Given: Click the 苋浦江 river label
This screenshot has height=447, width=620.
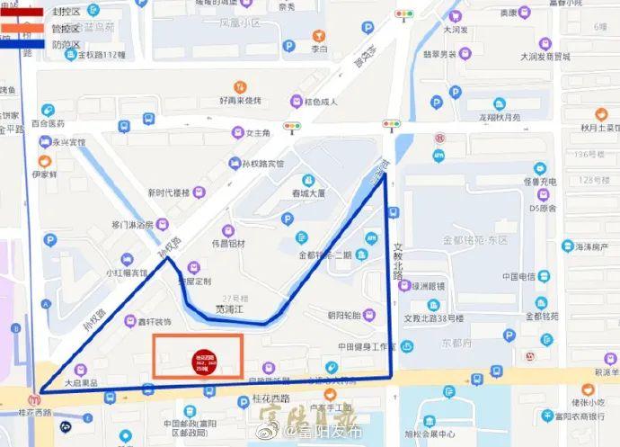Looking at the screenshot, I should point(231,308).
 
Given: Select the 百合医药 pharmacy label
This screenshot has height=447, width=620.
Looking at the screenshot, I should point(48,122).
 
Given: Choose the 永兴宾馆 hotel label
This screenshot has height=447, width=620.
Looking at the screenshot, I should point(66,142).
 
